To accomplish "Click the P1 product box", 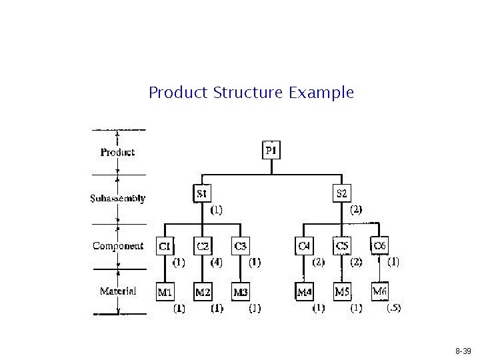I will pyautogui.click(x=271, y=151).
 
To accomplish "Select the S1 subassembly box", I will pyautogui.click(x=202, y=193).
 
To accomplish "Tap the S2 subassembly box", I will pyautogui.click(x=341, y=193).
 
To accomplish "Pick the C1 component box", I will pyautogui.click(x=165, y=246).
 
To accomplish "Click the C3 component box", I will pyautogui.click(x=241, y=246).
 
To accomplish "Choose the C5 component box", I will pyautogui.click(x=342, y=246).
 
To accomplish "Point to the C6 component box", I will pyautogui.click(x=379, y=245).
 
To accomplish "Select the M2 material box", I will pyautogui.click(x=203, y=291).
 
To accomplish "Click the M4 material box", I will pyautogui.click(x=304, y=291).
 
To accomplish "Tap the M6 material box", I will pyautogui.click(x=380, y=291).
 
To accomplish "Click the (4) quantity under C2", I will pyautogui.click(x=217, y=263).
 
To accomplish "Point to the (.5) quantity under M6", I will pyautogui.click(x=393, y=308).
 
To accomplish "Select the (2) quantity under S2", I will pyautogui.click(x=356, y=209).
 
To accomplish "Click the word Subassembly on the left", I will pyautogui.click(x=118, y=199).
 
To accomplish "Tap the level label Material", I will pyautogui.click(x=118, y=291).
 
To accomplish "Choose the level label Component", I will pyautogui.click(x=118, y=246).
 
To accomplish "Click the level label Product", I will pyautogui.click(x=118, y=152).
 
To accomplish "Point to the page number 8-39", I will pyautogui.click(x=463, y=351).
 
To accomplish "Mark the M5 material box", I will pyautogui.click(x=342, y=291).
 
